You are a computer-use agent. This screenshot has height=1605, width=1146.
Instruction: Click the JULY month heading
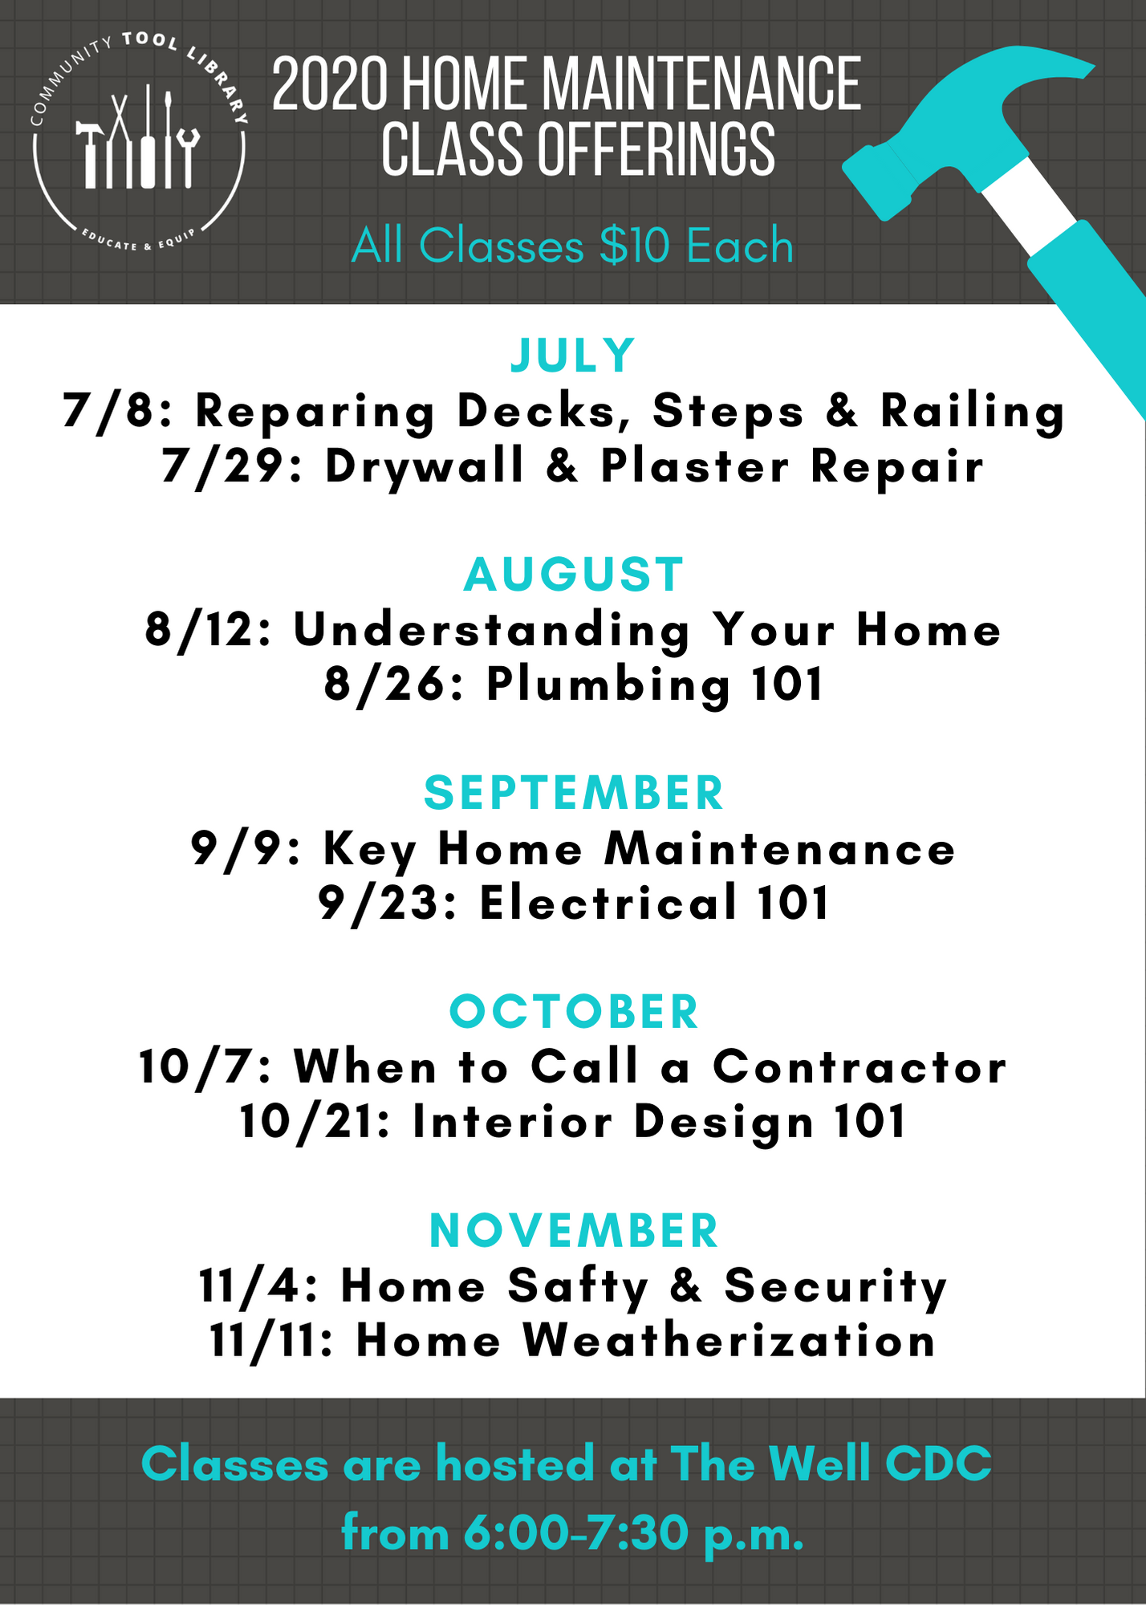coord(573,356)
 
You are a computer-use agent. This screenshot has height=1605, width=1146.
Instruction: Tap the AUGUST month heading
coord(574,575)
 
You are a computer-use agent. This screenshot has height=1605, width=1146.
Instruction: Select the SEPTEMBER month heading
coord(574,793)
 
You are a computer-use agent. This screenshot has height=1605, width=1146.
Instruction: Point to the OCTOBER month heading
coord(574,1011)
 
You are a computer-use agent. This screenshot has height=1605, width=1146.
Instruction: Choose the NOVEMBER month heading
coord(574,1230)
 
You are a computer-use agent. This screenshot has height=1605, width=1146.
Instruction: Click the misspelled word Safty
coord(578,1286)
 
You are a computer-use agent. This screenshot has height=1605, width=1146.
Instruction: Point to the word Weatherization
coord(729,1340)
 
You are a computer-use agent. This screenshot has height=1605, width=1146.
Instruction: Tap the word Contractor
coord(859,1067)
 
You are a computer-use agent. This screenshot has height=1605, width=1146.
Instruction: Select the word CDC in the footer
coord(939,1463)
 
